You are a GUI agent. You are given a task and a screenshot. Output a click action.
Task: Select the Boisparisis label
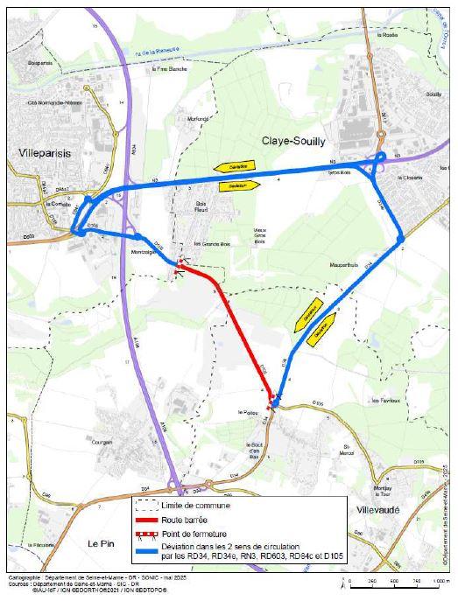coord(39,64)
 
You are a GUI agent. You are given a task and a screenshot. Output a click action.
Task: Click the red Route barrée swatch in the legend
coord(146,520)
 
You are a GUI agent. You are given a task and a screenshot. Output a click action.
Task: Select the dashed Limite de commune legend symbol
coord(146,506)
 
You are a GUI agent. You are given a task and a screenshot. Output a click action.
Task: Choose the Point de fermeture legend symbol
coord(146,534)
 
